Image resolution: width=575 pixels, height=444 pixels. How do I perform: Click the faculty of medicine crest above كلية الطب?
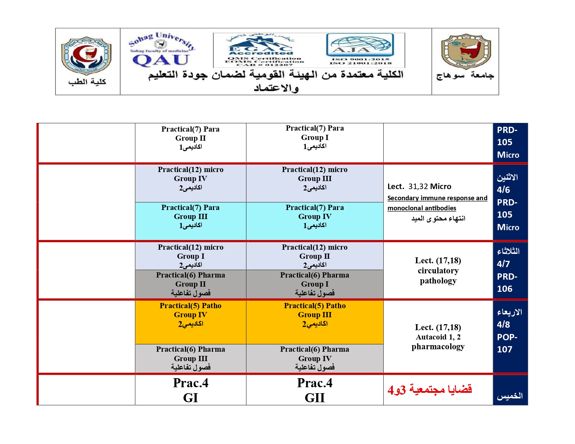point(86,56)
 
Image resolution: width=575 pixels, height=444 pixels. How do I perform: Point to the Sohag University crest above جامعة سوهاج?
point(466,51)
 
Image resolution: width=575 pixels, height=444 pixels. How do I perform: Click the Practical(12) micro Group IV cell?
point(191,183)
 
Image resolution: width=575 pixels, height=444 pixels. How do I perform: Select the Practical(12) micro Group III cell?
point(315,183)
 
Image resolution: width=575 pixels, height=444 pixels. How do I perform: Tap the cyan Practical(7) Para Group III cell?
point(191,221)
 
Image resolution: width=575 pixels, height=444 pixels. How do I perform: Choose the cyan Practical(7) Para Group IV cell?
point(315,221)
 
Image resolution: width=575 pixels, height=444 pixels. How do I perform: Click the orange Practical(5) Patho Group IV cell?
point(191,322)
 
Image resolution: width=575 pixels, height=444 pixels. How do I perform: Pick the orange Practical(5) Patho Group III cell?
point(315,322)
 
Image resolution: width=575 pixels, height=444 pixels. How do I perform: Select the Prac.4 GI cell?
point(191,390)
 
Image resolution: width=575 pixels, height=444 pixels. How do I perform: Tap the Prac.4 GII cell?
point(315,390)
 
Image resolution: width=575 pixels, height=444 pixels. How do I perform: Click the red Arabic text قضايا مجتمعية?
point(440,389)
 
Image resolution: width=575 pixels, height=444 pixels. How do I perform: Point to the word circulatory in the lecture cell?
point(438,271)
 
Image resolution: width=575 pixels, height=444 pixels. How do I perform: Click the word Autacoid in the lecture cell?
point(431,337)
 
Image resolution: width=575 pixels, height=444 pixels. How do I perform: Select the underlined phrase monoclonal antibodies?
point(422,208)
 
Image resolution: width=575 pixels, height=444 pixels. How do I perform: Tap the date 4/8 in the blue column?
point(503,325)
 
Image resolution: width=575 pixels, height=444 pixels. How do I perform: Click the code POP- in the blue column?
point(507,337)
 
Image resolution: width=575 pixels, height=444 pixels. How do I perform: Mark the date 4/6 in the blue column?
point(503,190)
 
